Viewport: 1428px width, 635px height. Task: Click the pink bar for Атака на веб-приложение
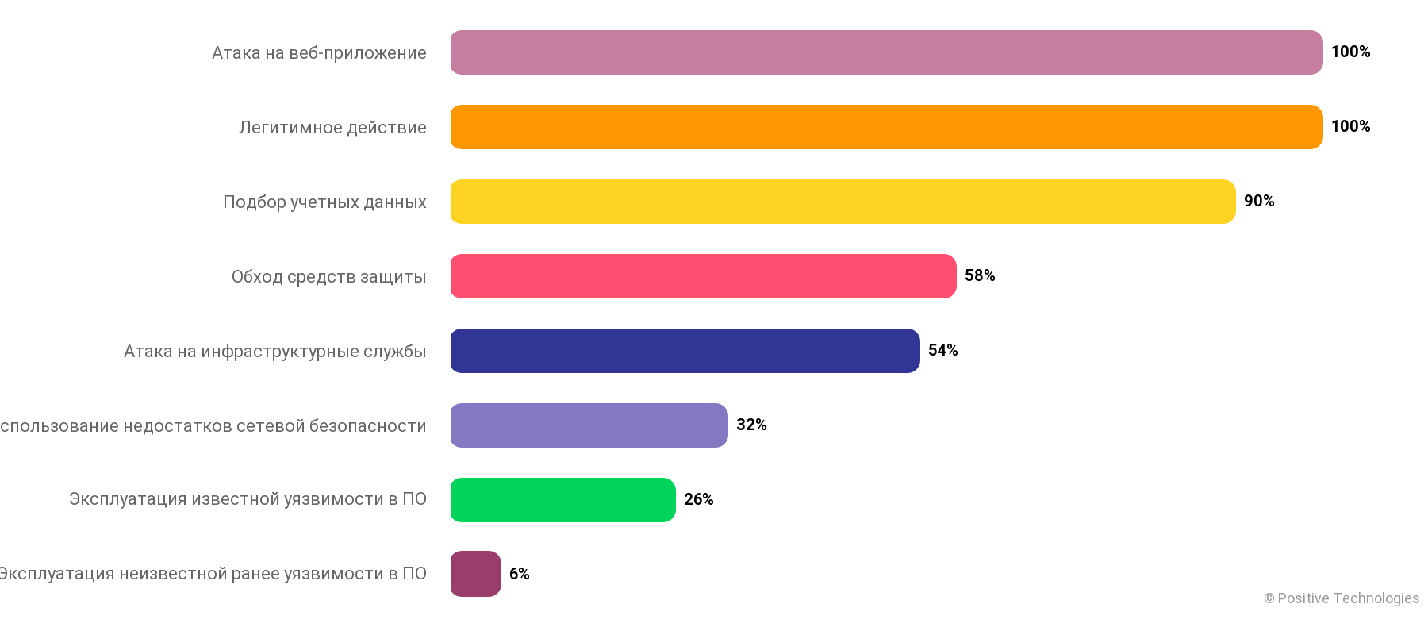tap(886, 52)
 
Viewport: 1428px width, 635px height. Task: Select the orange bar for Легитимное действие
tap(886, 127)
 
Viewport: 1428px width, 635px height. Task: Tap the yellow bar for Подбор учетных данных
tap(843, 202)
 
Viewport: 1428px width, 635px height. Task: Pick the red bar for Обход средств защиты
tap(703, 276)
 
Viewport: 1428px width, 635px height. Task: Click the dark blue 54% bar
tap(685, 351)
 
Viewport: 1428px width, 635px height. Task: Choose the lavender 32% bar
tap(589, 425)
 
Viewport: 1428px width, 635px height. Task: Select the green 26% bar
tap(562, 500)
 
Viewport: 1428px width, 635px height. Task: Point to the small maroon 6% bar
tap(475, 574)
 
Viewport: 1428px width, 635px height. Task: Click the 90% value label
tap(1259, 201)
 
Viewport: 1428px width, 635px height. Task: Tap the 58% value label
tap(980, 275)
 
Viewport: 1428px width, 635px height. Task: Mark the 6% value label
tap(519, 574)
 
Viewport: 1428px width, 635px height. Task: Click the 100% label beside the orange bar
tap(1350, 126)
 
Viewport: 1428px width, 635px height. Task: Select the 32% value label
tap(751, 425)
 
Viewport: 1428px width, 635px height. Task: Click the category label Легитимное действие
tap(332, 128)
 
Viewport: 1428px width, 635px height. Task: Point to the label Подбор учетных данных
tap(324, 202)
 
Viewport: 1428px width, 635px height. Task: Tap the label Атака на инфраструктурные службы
tap(274, 352)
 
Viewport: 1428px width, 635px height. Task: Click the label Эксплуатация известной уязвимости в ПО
tap(248, 499)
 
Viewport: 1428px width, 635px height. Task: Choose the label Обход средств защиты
tap(328, 277)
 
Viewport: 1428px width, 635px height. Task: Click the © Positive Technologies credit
tap(1342, 598)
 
